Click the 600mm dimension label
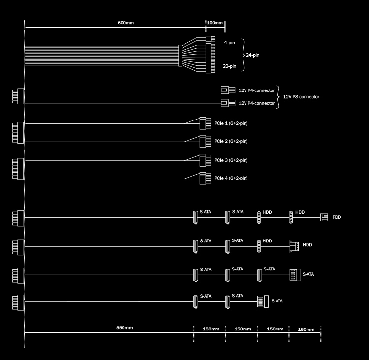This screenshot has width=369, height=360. coord(125,23)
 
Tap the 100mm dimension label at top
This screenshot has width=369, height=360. coord(215,23)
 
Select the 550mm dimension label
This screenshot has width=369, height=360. coord(124,328)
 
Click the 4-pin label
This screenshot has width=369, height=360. coord(229,43)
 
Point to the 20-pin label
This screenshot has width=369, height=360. coord(229,66)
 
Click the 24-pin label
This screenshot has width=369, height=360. coord(253,55)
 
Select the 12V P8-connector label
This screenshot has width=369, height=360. coord(301,97)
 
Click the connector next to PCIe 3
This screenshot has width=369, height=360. coord(205,160)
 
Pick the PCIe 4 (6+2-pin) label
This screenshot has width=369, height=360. coord(231,178)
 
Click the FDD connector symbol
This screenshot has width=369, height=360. coord(324,217)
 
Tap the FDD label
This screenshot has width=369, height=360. coord(337,217)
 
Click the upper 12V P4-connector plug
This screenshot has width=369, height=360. coord(228,90)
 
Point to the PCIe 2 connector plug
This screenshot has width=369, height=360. coord(205,141)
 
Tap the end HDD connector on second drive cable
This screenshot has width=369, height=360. coord(294,245)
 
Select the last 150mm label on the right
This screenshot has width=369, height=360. coord(306,329)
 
